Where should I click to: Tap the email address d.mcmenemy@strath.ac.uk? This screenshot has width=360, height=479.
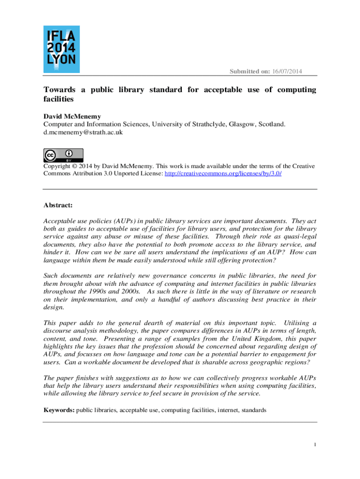(83, 132)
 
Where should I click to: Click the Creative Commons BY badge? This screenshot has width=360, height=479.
(64, 155)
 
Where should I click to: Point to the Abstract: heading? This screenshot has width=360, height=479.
(58, 204)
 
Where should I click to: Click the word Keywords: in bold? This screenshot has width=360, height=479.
(59, 410)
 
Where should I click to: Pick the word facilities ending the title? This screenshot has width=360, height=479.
(59, 99)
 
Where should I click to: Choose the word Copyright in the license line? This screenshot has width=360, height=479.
(59, 166)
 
